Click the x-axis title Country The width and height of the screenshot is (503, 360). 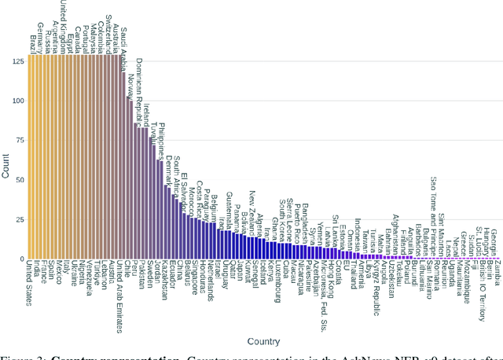coord(263,341)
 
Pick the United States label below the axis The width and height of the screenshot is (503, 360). coord(30,286)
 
